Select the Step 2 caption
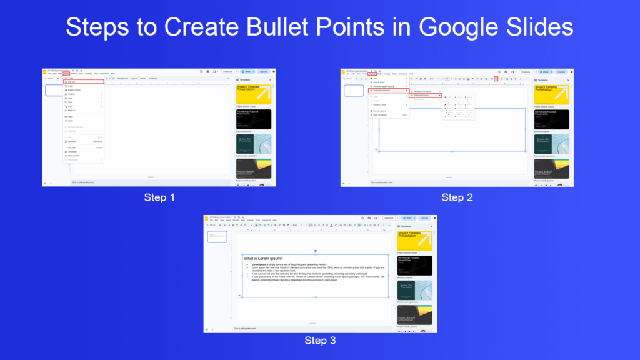pos(457,197)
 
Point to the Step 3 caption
pos(320,341)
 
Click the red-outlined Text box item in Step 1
pos(83,82)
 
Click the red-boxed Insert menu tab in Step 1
pos(66,74)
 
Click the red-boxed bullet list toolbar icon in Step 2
pos(496,79)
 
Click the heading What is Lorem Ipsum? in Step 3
pos(264,258)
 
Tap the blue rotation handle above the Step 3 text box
pos(316,251)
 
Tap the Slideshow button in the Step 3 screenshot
pos(388,218)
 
